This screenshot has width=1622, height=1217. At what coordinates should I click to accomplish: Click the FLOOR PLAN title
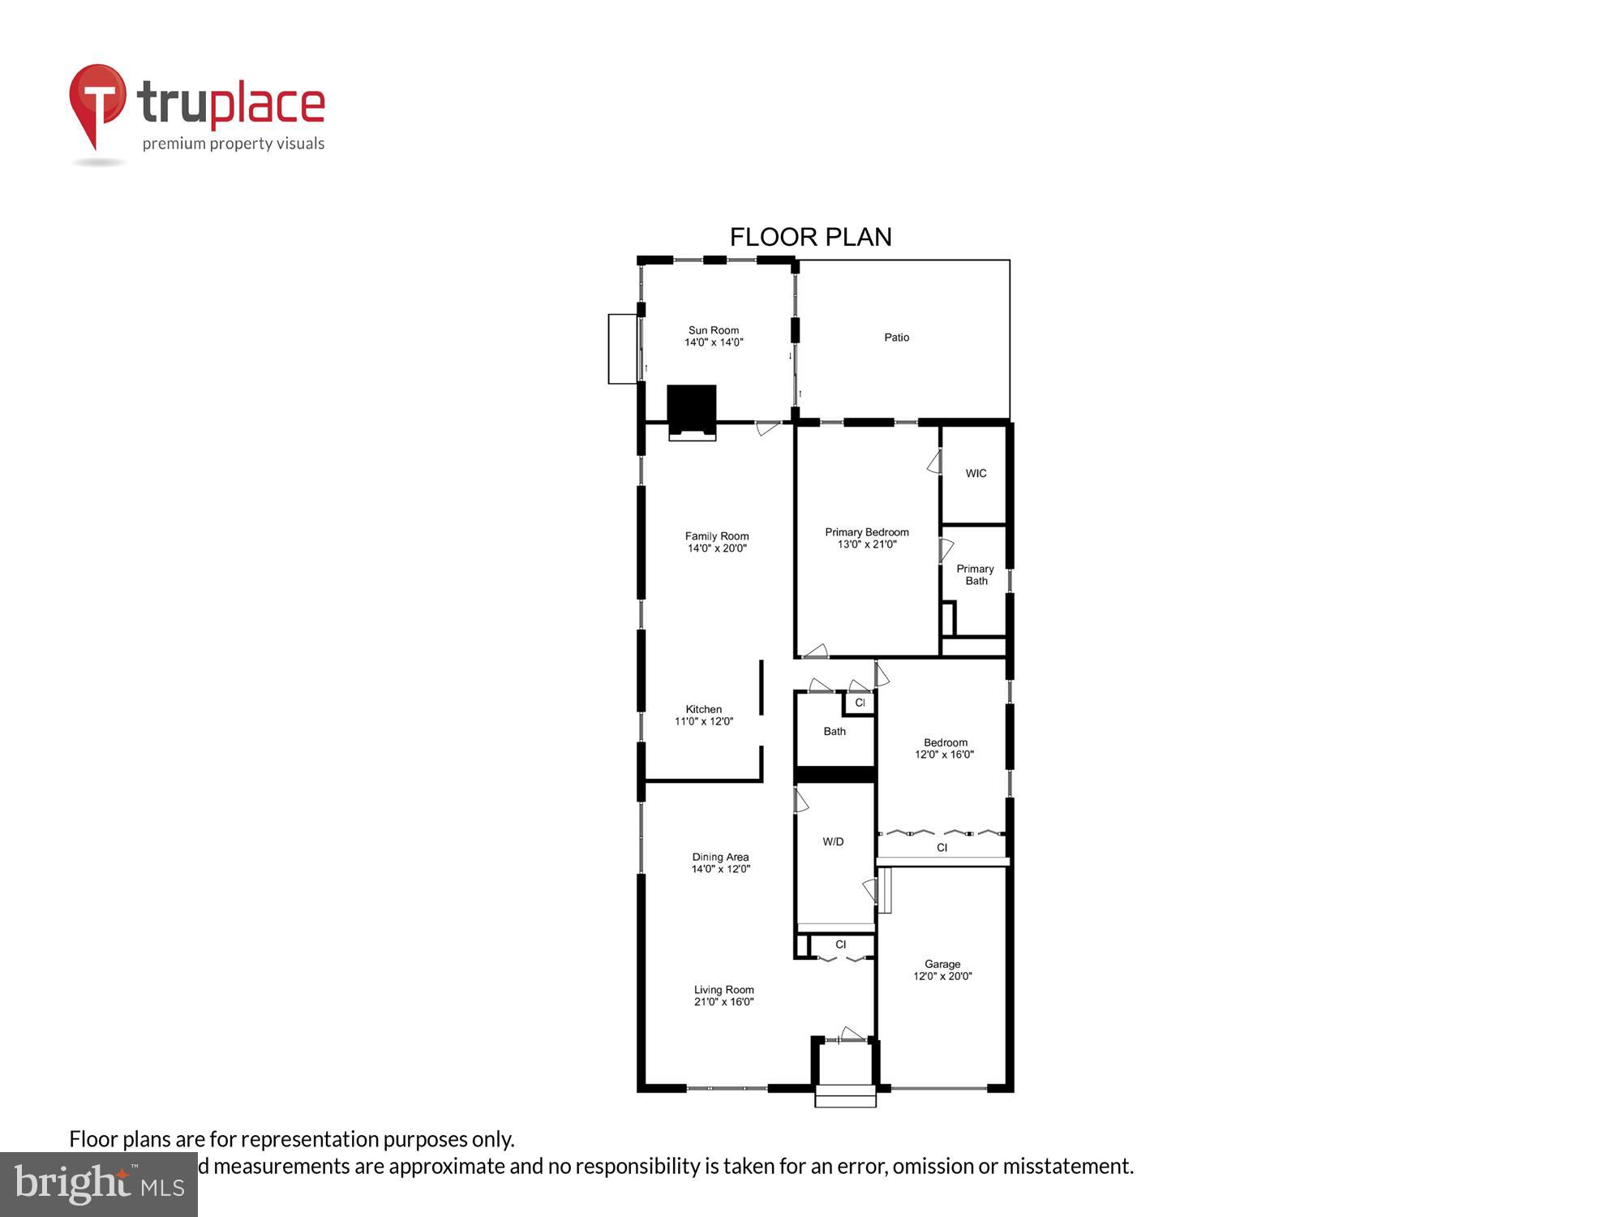(x=810, y=237)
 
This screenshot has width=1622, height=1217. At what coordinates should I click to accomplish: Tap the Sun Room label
(x=714, y=330)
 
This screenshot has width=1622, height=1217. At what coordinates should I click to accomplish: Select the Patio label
(x=896, y=338)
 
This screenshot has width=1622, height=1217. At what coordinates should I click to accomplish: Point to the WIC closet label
(x=976, y=474)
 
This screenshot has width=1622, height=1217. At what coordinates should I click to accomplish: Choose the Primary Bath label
(x=976, y=574)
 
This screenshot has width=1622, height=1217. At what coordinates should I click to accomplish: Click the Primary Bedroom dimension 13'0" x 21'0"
(x=867, y=544)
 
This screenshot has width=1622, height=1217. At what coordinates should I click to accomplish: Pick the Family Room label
(x=717, y=536)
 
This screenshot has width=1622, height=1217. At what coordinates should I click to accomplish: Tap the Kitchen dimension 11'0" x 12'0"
(x=704, y=721)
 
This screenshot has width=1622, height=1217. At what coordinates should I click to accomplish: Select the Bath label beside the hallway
(x=835, y=732)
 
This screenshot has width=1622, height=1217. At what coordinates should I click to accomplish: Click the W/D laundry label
(x=833, y=842)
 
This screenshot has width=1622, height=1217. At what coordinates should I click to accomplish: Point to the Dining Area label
(x=720, y=858)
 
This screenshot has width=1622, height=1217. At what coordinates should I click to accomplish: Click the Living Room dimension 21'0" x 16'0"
(x=723, y=1002)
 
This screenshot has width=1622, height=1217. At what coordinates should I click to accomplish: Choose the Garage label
(x=942, y=965)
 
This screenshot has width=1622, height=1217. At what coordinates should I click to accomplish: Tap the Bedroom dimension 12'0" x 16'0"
(x=944, y=755)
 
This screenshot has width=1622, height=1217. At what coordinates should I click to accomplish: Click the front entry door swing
(x=852, y=1034)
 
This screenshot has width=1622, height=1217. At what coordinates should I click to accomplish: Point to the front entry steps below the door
(x=845, y=1096)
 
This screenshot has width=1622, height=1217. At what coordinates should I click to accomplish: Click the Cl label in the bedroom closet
(x=942, y=848)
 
